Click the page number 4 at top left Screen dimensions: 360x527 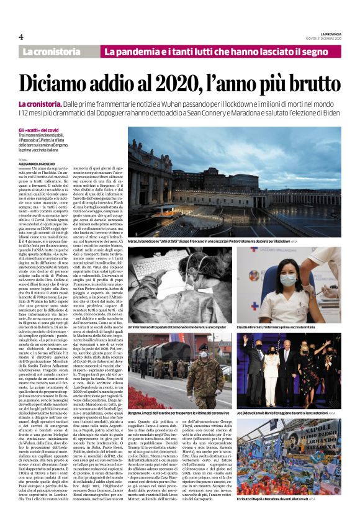21,37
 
